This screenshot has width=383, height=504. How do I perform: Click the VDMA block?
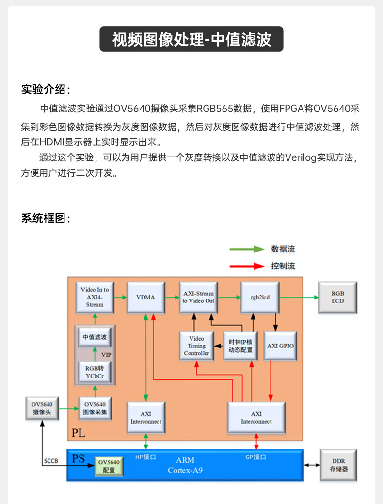[x=145, y=298]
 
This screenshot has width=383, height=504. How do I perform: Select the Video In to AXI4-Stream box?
[x=95, y=298]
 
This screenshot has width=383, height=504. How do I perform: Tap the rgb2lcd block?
[x=260, y=298]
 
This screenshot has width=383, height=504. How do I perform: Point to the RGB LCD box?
[x=337, y=298]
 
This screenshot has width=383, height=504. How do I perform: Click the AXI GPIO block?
[x=280, y=346]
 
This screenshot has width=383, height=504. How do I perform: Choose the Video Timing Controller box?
[x=196, y=346]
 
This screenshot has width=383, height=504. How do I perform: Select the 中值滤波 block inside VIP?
[x=95, y=337]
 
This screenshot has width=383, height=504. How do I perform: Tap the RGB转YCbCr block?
[x=95, y=372]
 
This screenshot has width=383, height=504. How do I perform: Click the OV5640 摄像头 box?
[x=42, y=409]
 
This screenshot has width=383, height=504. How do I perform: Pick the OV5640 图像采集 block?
[x=95, y=409]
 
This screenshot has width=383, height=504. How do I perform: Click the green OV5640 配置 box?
[x=109, y=466]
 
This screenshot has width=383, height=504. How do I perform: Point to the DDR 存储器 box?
[x=338, y=465]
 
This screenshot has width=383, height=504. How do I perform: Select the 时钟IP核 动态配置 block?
[x=240, y=346]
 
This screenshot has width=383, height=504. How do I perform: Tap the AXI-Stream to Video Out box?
[x=198, y=298]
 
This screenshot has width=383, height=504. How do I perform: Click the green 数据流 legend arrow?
[x=247, y=249]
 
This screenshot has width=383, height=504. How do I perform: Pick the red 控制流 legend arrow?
[x=247, y=266]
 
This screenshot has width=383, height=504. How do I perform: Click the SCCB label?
[x=51, y=461]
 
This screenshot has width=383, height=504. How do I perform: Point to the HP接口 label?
[x=145, y=457]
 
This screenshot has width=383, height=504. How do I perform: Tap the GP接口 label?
[x=255, y=457]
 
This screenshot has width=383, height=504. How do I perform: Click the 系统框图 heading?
[x=46, y=218]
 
